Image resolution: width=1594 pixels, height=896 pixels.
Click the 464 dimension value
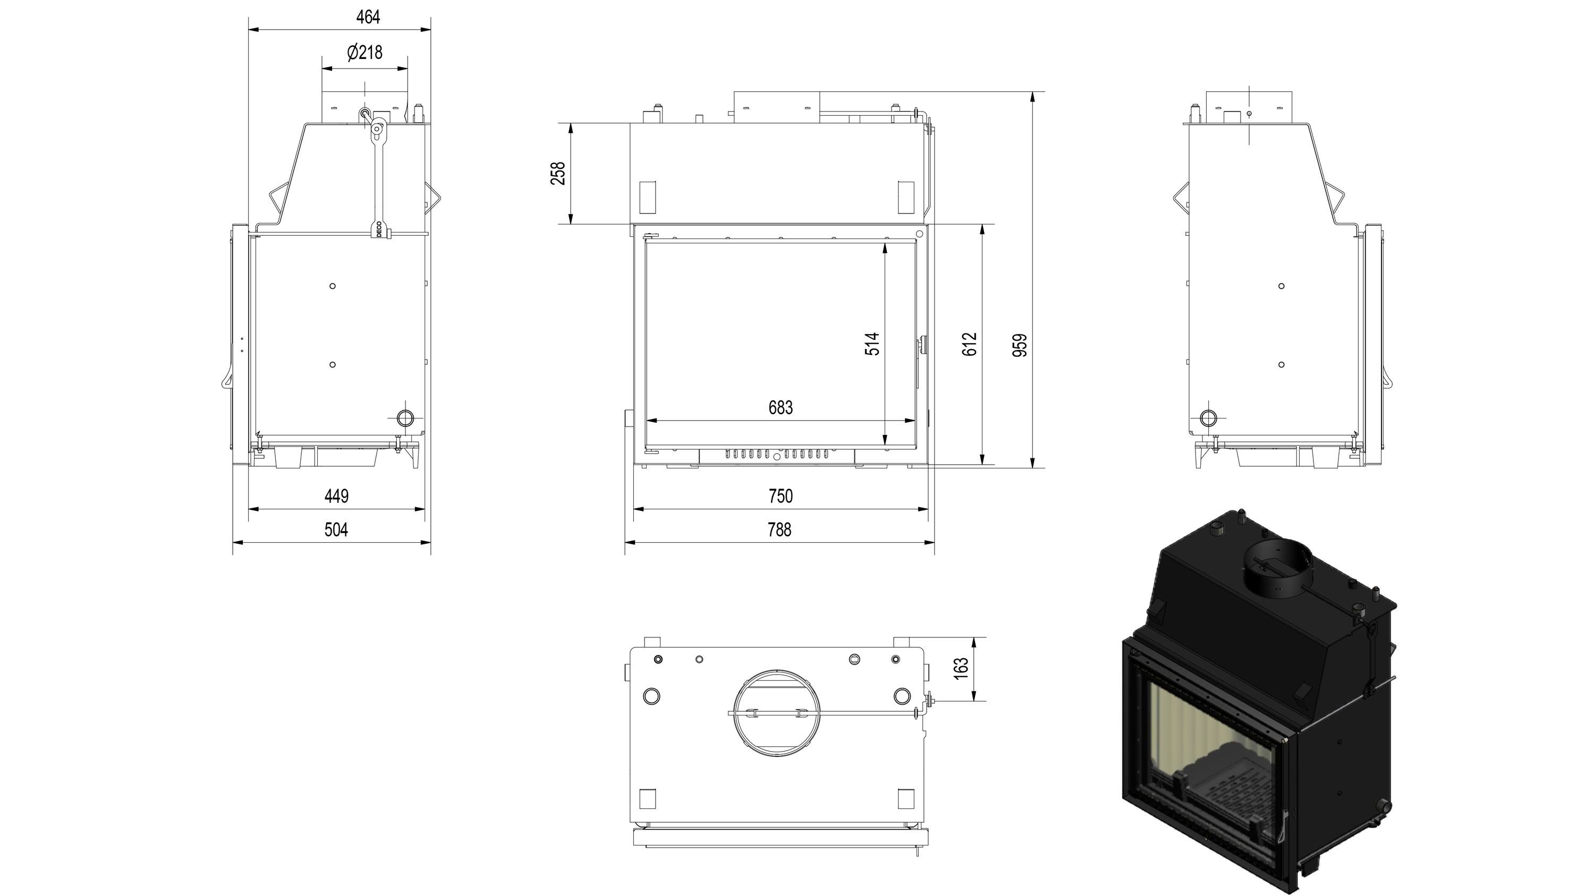(x=368, y=18)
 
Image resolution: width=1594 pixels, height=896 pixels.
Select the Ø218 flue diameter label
(x=364, y=53)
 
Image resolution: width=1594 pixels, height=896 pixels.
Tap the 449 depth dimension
(x=337, y=496)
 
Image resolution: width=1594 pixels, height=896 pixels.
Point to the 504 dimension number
(x=337, y=530)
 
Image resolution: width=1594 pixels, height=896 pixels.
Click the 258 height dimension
(x=558, y=173)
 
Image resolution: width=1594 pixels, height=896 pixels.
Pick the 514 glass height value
(x=872, y=344)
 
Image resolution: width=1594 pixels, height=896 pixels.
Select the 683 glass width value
(x=781, y=407)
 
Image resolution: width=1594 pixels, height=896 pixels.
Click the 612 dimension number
(x=970, y=344)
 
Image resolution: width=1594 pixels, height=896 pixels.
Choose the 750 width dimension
(x=781, y=496)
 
